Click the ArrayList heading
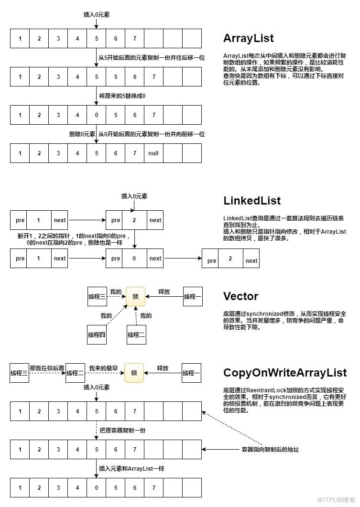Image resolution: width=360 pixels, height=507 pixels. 249,39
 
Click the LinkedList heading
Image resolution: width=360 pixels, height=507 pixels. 252,201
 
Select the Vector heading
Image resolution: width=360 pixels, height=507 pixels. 240,296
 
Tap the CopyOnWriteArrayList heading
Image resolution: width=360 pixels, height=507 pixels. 285,373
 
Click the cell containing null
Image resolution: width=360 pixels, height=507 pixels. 153,153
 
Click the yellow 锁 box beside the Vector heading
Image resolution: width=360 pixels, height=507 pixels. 135,296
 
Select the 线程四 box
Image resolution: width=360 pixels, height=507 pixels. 97,334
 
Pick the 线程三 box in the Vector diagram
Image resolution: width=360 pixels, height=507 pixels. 97,296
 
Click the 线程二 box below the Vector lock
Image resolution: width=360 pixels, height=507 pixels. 136,334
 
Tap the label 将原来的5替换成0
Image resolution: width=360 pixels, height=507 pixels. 122,96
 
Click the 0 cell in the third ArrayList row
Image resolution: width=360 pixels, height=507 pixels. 97,115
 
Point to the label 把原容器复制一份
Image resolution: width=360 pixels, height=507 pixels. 122,431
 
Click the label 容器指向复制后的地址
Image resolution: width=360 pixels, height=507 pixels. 271,450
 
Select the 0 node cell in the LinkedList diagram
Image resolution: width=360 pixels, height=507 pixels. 134,259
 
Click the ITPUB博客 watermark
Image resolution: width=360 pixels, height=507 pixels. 336,500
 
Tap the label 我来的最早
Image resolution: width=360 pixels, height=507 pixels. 103,368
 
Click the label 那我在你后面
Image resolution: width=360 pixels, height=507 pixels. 47,368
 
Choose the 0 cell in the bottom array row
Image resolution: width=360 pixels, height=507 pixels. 97,487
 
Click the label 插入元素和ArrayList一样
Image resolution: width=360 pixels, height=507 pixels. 131,468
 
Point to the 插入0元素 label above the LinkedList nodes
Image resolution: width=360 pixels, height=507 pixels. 134,196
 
